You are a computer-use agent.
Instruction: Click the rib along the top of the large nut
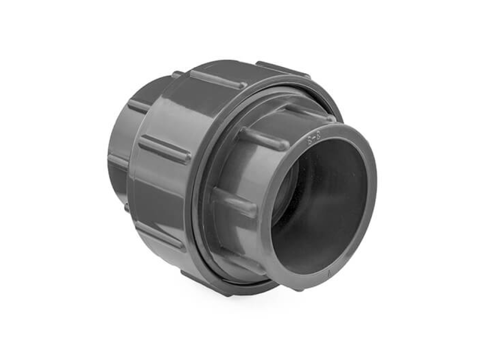tap(217, 79)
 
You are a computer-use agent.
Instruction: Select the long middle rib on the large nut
tap(165, 149)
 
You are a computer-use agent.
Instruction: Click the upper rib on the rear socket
tap(138, 105)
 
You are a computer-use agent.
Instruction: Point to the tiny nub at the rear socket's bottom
tap(127, 207)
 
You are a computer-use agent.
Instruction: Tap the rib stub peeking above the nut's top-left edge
tap(177, 74)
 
